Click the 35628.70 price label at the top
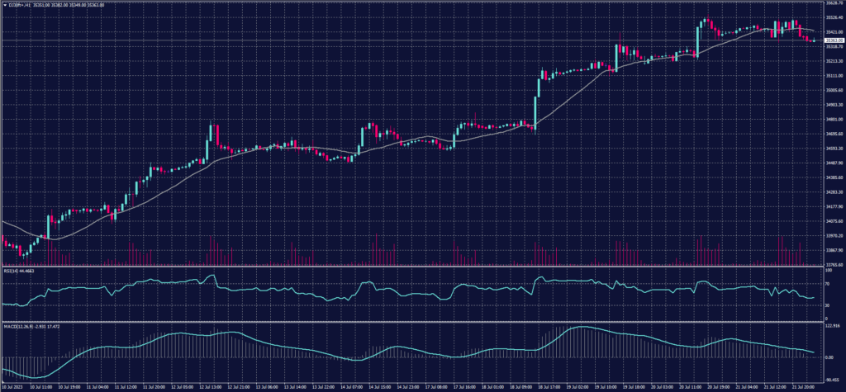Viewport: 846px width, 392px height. click(x=833, y=4)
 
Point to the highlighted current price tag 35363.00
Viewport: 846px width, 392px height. click(x=833, y=40)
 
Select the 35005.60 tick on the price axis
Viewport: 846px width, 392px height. click(x=833, y=91)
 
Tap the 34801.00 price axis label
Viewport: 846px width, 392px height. click(x=833, y=120)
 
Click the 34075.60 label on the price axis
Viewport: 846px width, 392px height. click(x=833, y=220)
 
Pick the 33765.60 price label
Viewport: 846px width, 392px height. click(x=833, y=265)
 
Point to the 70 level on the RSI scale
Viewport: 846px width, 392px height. click(x=827, y=285)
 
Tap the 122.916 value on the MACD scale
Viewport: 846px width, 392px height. click(x=832, y=326)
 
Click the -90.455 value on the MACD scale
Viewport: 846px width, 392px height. click(x=832, y=371)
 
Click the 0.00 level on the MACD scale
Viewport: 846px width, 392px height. click(x=829, y=357)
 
